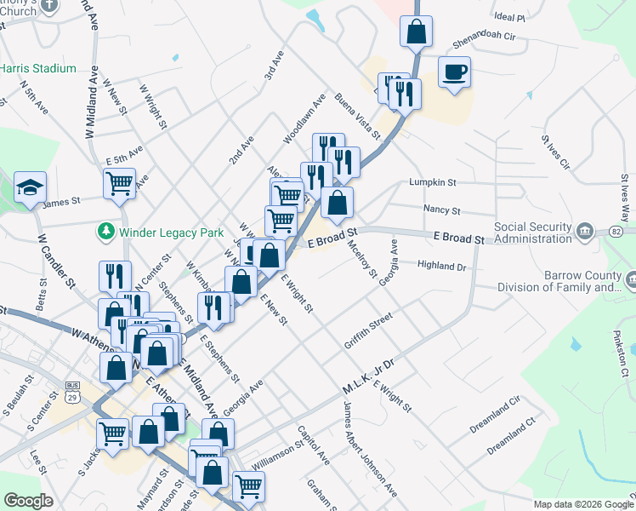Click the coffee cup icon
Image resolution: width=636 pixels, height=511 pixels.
point(455,71)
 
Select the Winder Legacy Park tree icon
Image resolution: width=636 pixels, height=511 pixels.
point(105,232)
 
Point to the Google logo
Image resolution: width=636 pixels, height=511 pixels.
point(28,501)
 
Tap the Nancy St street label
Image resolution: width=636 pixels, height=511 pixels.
point(442,210)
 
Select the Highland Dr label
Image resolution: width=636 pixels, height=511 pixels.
point(442,266)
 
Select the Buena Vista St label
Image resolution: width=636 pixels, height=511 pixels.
point(356,115)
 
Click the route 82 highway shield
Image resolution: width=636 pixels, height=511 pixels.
point(616,232)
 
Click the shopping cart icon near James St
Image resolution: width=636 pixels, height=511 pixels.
point(119,182)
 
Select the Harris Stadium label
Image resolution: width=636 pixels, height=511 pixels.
point(37,68)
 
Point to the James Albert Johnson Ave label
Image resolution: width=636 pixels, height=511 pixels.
point(370,450)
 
